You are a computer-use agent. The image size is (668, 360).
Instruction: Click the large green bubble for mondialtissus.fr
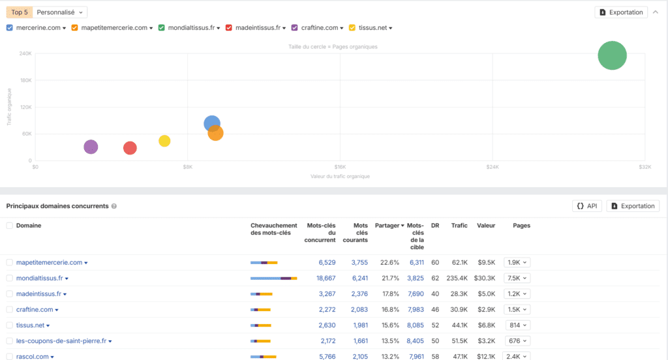[x=612, y=55]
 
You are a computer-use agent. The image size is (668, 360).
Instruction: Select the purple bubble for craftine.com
[x=91, y=147]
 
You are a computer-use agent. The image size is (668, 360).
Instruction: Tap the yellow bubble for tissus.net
[x=164, y=142]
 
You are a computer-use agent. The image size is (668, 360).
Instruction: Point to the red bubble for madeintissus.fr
[x=130, y=148]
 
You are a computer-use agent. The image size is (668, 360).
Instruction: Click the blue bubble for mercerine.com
[x=211, y=123]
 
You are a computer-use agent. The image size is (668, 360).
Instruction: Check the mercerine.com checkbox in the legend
[x=10, y=27]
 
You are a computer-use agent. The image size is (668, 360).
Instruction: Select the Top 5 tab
[x=19, y=12]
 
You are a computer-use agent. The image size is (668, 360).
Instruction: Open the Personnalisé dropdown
[x=59, y=12]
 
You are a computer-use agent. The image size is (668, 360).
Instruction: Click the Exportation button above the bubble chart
[x=620, y=12]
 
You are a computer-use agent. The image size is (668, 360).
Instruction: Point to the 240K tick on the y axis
[x=25, y=54]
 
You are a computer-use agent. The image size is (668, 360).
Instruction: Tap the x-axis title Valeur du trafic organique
[x=340, y=177]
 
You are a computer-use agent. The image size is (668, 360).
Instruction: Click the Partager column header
[x=389, y=226]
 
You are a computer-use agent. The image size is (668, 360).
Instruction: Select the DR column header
[x=435, y=226]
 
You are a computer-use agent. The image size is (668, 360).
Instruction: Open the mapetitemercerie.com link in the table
[x=49, y=263]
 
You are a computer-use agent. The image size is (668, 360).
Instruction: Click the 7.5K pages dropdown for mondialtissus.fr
[x=516, y=278]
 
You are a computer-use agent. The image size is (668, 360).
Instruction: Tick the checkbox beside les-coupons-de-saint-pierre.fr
[x=10, y=341]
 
